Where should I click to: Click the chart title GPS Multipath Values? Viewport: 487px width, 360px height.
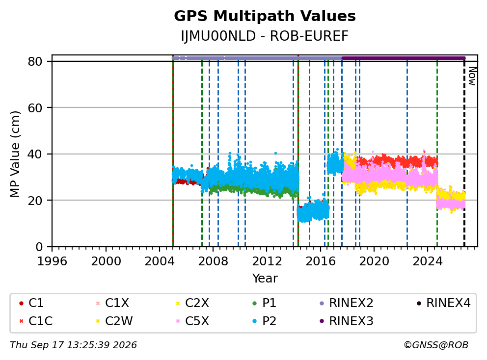(265, 16)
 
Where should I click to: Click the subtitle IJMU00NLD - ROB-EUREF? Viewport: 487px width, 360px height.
(265, 36)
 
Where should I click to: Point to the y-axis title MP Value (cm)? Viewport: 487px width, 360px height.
(15, 154)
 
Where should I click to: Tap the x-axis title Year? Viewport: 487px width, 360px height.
(265, 278)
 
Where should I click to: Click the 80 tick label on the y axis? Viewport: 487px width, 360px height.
(35, 61)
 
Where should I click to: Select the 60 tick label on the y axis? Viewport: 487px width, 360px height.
(35, 108)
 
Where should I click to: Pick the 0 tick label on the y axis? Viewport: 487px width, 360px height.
(39, 247)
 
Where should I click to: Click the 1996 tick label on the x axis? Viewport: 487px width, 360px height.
(52, 261)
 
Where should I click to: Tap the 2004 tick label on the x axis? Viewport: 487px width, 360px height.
(160, 261)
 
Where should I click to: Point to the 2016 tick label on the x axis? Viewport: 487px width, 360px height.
(320, 261)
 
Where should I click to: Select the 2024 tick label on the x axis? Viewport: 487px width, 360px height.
(428, 261)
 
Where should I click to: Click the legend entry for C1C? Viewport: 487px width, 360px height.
(36, 321)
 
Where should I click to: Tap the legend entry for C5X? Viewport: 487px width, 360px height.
(192, 321)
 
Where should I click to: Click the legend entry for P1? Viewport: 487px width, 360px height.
(264, 303)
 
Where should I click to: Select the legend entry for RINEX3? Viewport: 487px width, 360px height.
(346, 321)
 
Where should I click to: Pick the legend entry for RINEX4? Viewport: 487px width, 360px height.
(443, 303)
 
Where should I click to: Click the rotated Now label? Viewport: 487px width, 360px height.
(472, 76)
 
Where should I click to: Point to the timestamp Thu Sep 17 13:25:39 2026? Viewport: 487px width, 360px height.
(73, 345)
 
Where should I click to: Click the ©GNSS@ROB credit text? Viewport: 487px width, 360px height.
(436, 345)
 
